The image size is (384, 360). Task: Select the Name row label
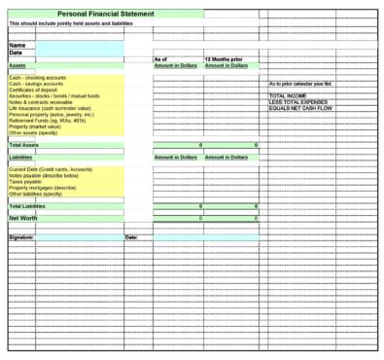17,45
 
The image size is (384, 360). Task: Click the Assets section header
18,65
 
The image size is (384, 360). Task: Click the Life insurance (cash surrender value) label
49,108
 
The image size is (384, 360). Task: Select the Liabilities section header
21,156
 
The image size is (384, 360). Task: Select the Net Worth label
23,218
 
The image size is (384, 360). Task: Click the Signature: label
21,236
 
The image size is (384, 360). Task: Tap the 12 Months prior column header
224,58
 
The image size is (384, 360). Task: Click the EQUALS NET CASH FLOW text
300,107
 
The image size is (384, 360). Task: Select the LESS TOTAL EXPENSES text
297,101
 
